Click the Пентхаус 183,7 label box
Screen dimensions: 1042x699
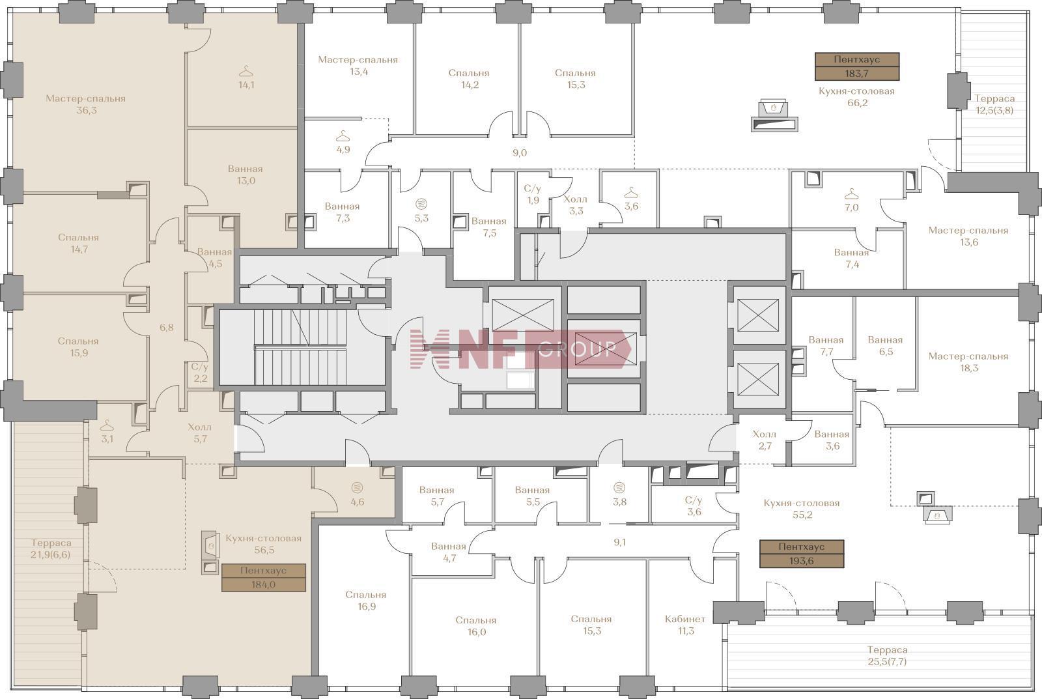(857, 66)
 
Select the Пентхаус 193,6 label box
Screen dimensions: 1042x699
(802, 554)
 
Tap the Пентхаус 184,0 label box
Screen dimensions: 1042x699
(263, 578)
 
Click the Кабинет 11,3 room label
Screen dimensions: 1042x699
(685, 625)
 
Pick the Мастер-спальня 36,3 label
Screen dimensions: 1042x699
(85, 104)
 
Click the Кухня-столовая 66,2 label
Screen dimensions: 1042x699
(857, 97)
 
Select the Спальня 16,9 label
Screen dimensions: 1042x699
(365, 601)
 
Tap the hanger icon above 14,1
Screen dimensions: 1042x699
(246, 71)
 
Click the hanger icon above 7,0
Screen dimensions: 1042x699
(851, 193)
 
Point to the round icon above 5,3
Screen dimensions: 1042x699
(421, 203)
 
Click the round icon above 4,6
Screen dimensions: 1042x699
(358, 488)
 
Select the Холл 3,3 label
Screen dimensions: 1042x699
(576, 205)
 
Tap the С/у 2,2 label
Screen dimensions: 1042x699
(200, 373)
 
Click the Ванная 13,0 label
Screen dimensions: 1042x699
(246, 175)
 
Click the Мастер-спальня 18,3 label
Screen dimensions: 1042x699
(968, 362)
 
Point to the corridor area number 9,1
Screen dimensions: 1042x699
(619, 542)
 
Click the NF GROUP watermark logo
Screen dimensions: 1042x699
(520, 349)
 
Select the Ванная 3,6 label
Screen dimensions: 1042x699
(832, 440)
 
